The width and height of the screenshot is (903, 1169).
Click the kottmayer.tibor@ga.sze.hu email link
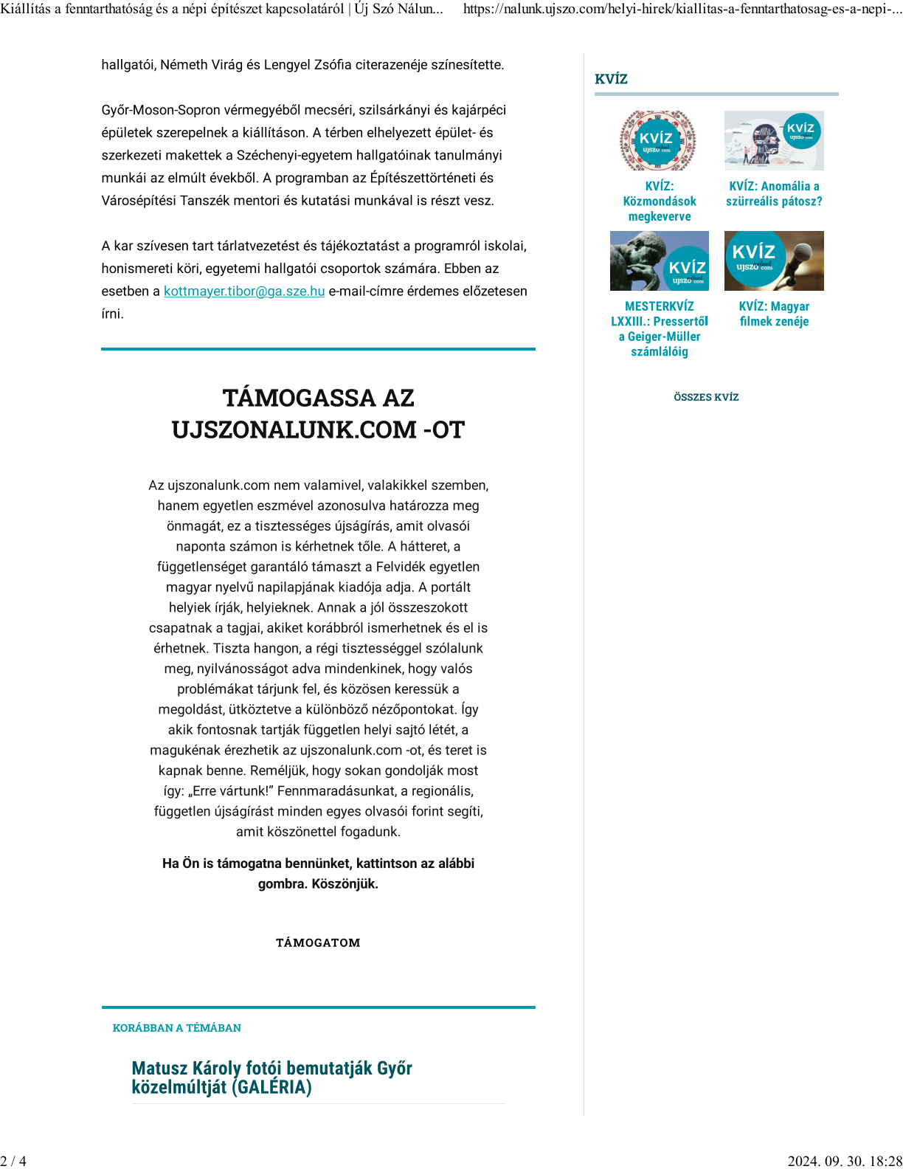(x=244, y=292)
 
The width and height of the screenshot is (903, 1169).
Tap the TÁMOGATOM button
(x=318, y=942)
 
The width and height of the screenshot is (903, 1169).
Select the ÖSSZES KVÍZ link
(x=706, y=397)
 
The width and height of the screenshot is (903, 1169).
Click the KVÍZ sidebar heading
(x=611, y=79)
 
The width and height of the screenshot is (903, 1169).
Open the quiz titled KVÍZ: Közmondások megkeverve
(x=660, y=201)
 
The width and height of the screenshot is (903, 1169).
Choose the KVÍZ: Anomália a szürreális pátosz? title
(x=774, y=194)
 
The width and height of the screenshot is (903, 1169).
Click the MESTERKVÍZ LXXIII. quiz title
(x=660, y=328)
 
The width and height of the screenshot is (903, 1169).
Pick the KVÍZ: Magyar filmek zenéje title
(x=774, y=314)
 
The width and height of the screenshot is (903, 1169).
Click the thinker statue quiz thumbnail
(x=659, y=261)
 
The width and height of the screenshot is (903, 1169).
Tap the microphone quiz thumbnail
(x=774, y=261)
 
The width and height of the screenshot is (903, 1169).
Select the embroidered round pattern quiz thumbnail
(x=658, y=140)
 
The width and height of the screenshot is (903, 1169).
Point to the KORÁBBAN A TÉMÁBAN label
(x=177, y=1028)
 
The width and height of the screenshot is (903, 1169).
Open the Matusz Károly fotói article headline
(x=271, y=1077)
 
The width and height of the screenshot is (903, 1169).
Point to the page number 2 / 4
(x=13, y=1161)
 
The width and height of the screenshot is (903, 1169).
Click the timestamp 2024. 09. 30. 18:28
(x=845, y=1161)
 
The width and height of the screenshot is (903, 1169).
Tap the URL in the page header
(x=682, y=9)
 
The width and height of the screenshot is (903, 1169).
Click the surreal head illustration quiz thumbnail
(x=774, y=140)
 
